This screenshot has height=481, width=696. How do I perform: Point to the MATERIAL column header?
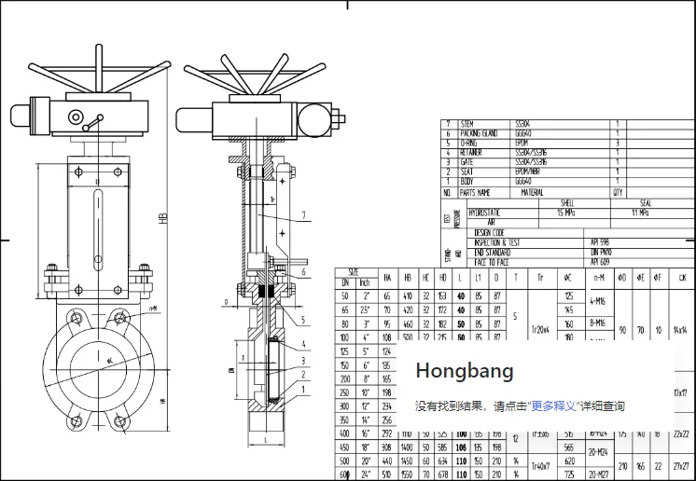(x=532, y=192)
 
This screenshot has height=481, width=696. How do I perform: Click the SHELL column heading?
(x=566, y=202)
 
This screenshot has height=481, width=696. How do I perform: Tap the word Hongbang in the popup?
(x=465, y=371)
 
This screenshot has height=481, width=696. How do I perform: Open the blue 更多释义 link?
(x=553, y=406)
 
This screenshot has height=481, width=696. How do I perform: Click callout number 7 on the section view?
(x=303, y=215)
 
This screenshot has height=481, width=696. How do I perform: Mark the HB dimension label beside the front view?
(x=162, y=220)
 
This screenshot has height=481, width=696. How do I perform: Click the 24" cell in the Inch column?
(x=365, y=474)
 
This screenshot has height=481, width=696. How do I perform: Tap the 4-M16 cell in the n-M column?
(x=598, y=301)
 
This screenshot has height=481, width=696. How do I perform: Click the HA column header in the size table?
(x=386, y=278)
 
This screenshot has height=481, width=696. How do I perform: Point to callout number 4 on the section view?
(x=303, y=344)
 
